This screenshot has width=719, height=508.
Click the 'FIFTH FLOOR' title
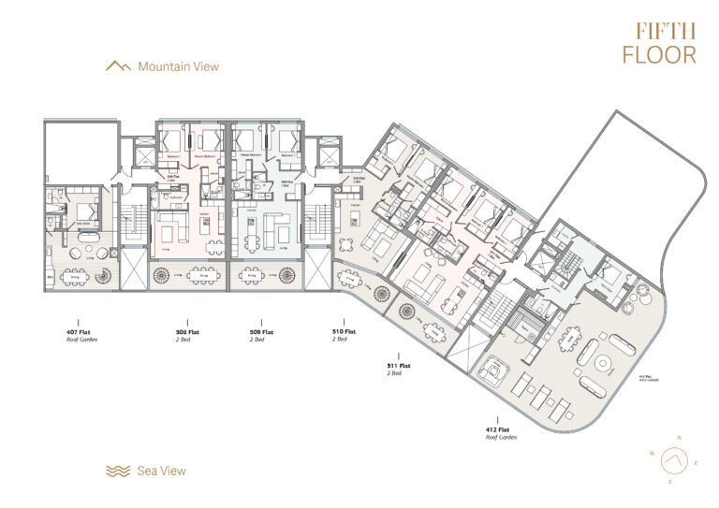[x=659, y=42]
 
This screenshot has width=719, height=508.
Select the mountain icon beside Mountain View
[x=117, y=66]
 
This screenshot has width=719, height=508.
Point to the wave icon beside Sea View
[x=117, y=471]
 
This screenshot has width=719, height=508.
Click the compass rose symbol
[x=669, y=460]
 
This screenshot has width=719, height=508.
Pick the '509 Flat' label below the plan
[x=261, y=332]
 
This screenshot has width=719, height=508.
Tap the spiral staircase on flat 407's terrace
[x=103, y=277]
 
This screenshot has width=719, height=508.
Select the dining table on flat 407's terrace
[x=74, y=277]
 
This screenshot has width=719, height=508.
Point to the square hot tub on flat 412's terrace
[x=490, y=371]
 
